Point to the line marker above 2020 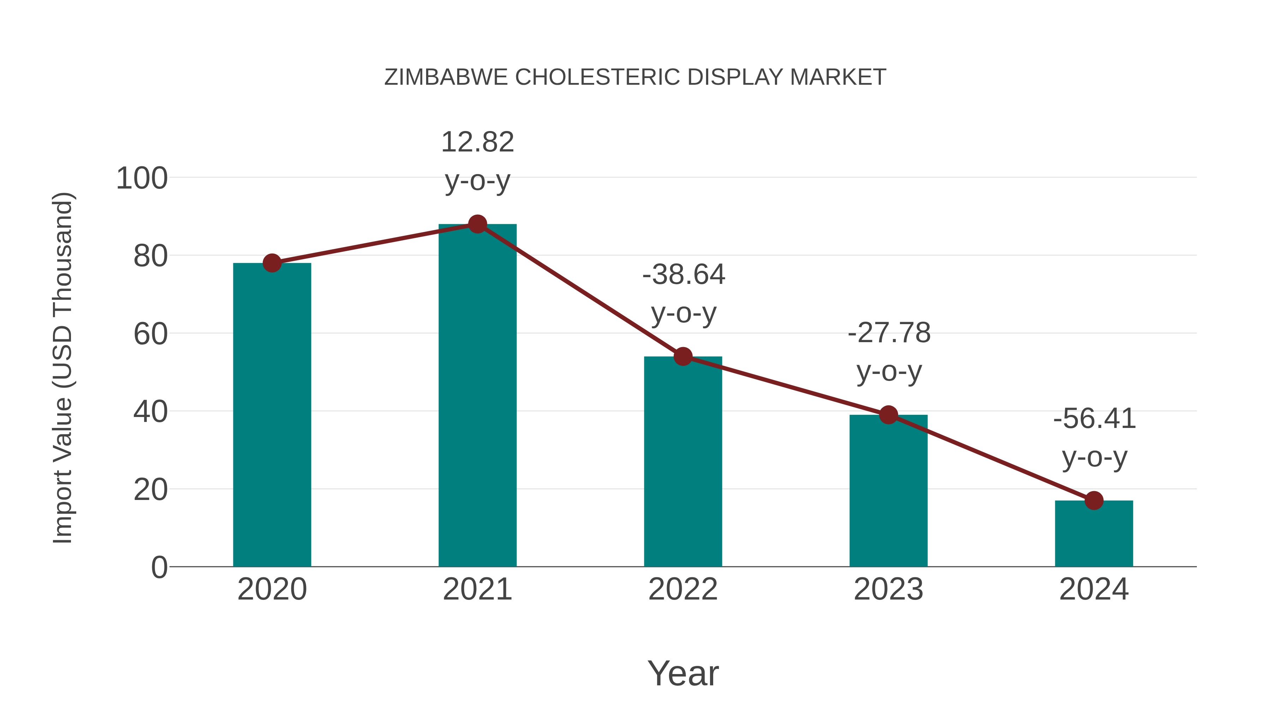pyautogui.click(x=272, y=263)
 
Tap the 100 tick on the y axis pyautogui.click(x=142, y=178)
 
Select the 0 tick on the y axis pyautogui.click(x=159, y=567)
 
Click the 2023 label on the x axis pyautogui.click(x=888, y=589)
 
